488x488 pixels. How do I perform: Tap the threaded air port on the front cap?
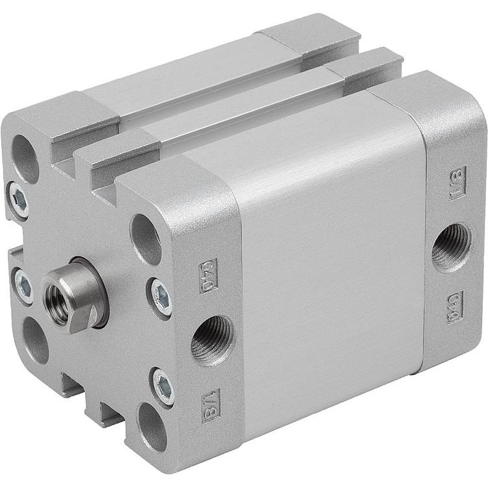(x=211, y=340)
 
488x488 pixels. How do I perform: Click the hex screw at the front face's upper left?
(x=19, y=200)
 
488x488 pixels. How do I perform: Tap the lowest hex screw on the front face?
(x=164, y=388)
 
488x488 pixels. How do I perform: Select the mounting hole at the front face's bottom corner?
(x=153, y=427)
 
